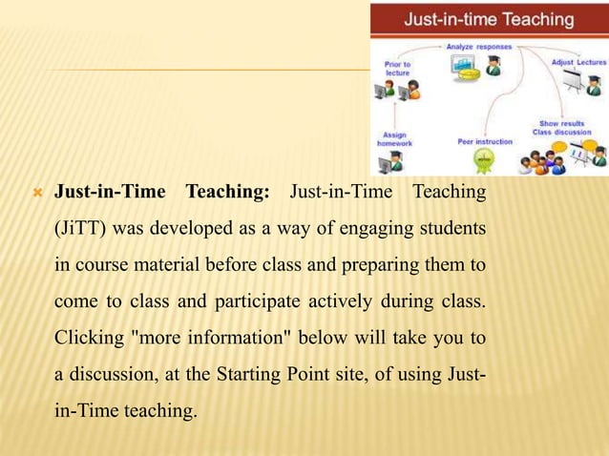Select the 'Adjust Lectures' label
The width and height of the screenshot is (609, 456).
tap(578, 62)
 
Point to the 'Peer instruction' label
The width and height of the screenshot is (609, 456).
tap(484, 142)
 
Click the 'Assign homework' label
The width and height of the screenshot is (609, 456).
tap(394, 139)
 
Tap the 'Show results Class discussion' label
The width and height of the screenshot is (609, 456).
tap(563, 127)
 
